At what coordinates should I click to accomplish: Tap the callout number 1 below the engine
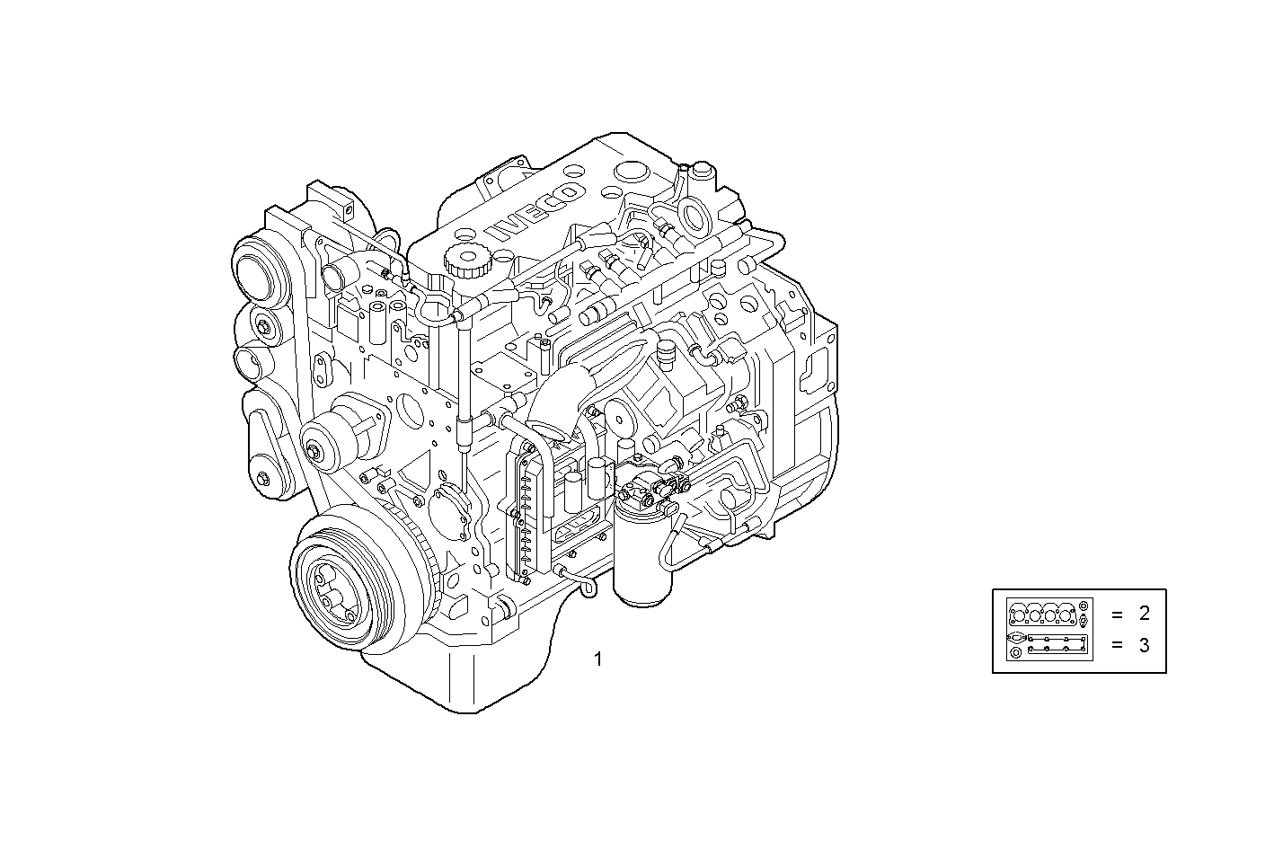tap(598, 659)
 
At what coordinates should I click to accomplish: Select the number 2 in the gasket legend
tap(1144, 615)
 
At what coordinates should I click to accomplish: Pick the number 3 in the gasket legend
tap(1144, 645)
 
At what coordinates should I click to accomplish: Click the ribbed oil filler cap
tap(464, 260)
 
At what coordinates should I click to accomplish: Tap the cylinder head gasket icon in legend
tap(1048, 614)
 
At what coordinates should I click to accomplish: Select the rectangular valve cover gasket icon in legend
tap(1057, 644)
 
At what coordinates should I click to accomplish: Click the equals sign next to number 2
tap(1117, 615)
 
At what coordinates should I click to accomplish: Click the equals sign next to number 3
tap(1117, 645)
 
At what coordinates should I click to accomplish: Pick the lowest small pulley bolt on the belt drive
tap(262, 477)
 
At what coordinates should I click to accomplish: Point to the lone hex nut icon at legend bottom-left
tap(1015, 652)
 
